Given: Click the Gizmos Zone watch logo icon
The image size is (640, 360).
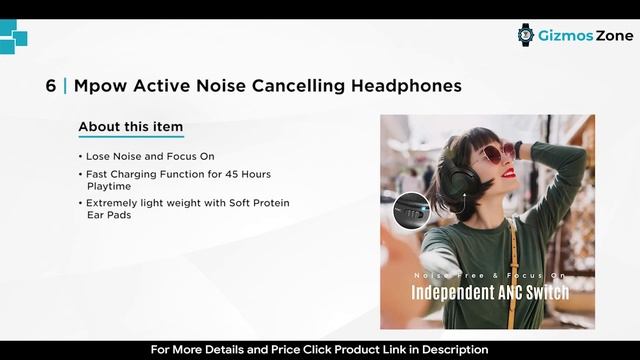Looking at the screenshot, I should pos(526,35).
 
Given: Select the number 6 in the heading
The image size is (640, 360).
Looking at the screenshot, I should pos(50,86).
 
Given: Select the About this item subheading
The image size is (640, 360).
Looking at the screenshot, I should pos(130,127).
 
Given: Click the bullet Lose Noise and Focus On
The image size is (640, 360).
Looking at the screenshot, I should pos(150,157).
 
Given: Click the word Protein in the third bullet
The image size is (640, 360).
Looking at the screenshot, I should pos(269,203).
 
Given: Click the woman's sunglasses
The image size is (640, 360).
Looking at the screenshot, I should pos(497,153).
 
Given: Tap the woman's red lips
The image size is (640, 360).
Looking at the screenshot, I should pos(508,173).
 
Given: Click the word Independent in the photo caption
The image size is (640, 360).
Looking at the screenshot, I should pos(450,293).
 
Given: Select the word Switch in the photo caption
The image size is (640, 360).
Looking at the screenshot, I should pos(545,293).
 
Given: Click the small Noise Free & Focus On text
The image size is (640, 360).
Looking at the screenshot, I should pos(490,274).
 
